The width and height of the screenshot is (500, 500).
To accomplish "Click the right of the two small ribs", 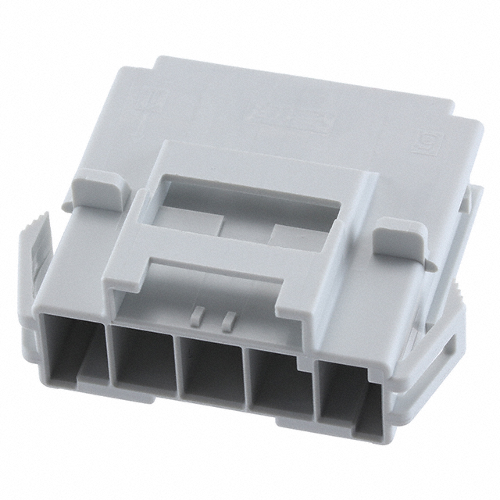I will [x=229, y=319].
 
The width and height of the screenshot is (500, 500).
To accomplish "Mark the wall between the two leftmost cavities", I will [x=106, y=355].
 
